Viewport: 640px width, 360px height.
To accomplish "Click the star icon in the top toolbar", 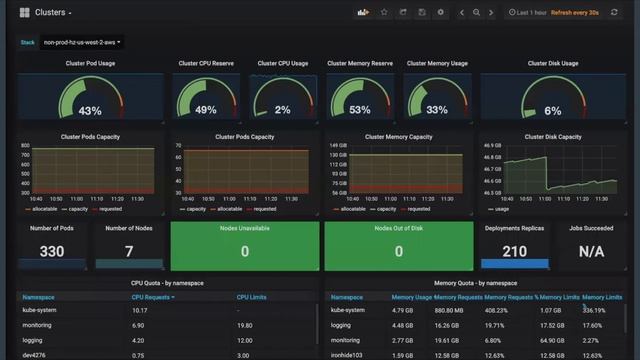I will coord(384,12).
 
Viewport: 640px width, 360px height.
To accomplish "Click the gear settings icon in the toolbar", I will coord(441,12).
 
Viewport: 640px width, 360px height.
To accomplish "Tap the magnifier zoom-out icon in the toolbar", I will coord(476,12).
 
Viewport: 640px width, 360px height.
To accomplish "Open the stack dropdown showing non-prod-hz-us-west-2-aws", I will coord(96,43).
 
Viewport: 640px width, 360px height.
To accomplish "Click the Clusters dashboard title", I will coord(52,12).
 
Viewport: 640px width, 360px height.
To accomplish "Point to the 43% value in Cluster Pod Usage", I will coord(90,111).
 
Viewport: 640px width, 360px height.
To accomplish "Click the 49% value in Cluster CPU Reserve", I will coord(206,110).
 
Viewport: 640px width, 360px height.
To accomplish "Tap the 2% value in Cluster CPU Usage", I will coord(283,110).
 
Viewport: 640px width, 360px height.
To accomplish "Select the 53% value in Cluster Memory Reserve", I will coord(360,110).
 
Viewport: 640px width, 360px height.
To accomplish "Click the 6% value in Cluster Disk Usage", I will coord(553,111).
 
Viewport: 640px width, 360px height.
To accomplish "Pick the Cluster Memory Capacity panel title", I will coord(399,137).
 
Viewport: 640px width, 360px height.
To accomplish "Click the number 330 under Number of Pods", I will coord(52,252).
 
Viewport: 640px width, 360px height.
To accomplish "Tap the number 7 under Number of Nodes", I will coord(129,252).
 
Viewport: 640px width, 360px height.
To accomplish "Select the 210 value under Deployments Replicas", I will coord(514,252).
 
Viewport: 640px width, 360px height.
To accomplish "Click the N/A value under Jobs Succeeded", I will coord(591,252).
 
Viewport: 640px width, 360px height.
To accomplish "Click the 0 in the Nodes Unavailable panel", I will coord(245,252).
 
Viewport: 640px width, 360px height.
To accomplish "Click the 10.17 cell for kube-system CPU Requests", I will coord(140,311).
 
